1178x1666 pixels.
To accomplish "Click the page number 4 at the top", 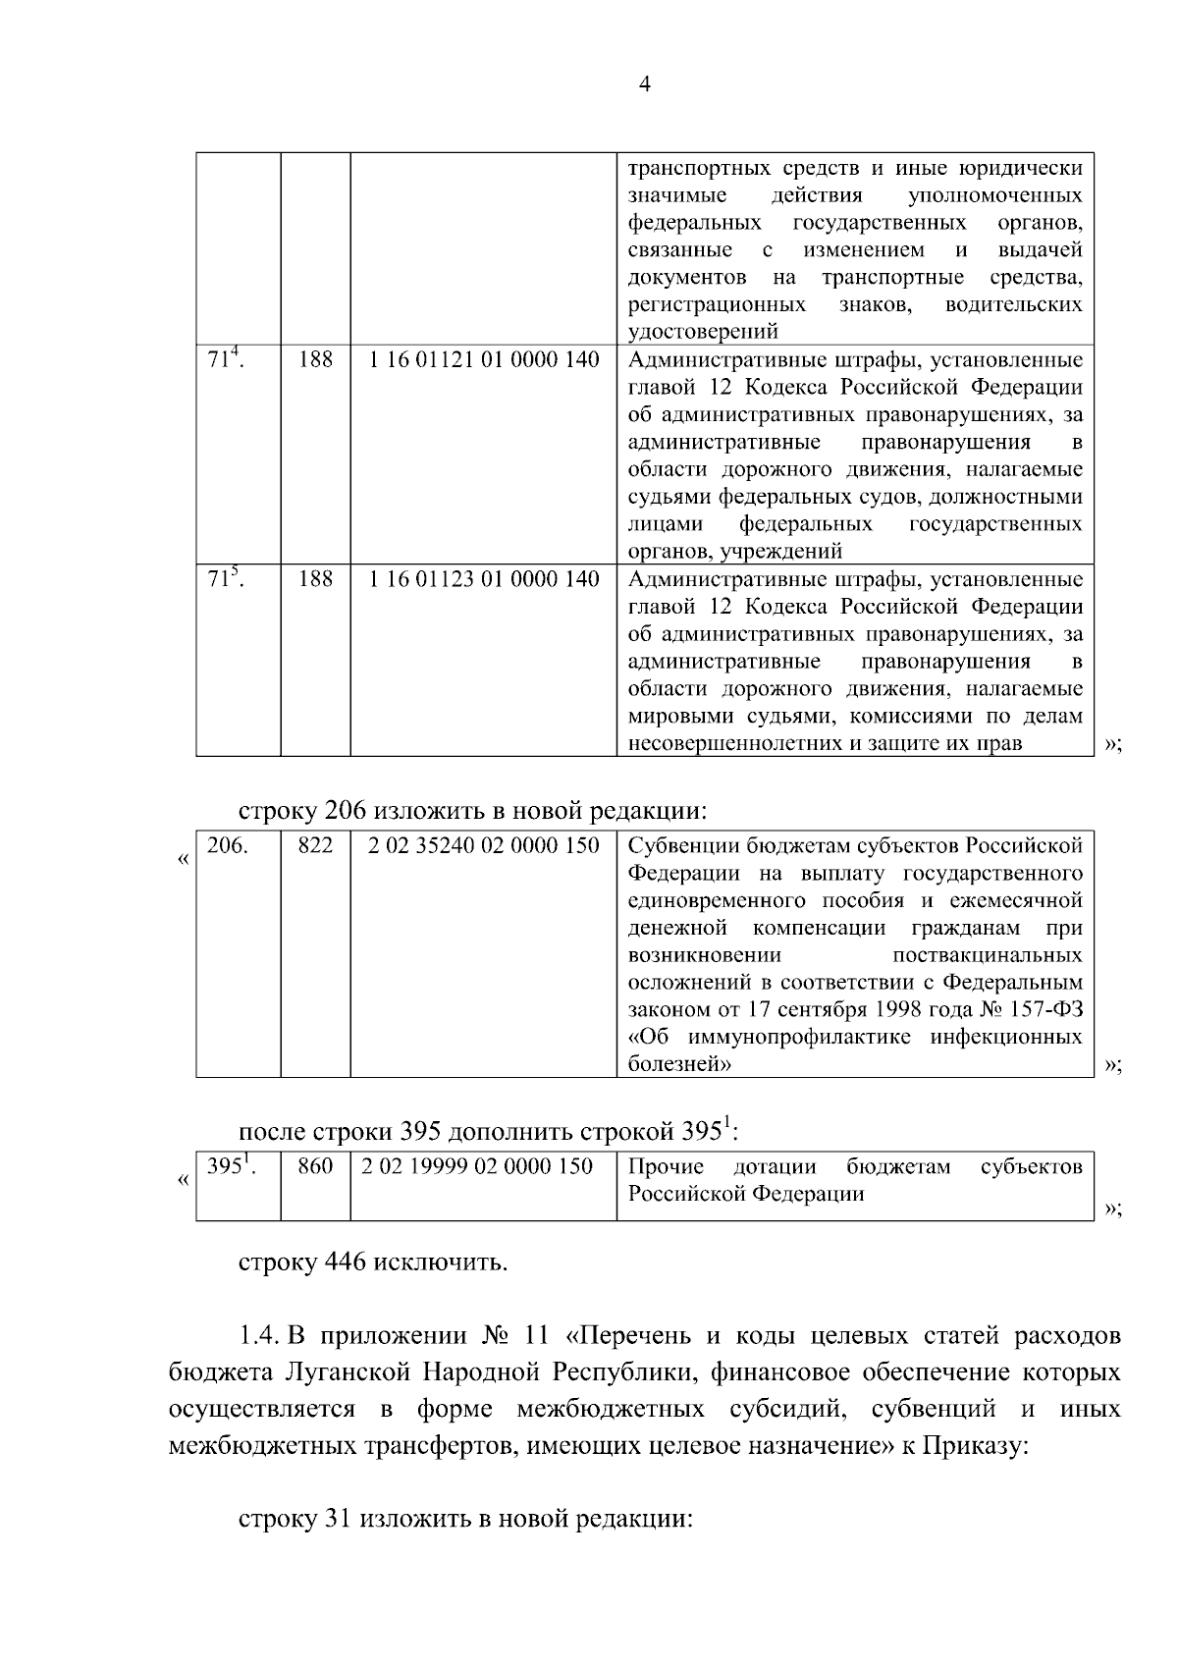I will pos(645,84).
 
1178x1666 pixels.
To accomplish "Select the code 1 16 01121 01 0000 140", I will pos(484,360).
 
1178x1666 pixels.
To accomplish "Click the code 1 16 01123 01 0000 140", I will pos(484,579).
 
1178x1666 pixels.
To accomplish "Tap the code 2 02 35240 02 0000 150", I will pos(484,845).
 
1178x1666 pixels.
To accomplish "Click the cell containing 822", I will pos(315,845).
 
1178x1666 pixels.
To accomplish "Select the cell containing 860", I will pos(315,1166).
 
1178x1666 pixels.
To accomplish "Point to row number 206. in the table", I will pos(228,845).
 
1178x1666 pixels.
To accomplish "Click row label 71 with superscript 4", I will pos(226,359).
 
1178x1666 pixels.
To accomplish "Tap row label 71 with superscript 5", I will pos(226,578).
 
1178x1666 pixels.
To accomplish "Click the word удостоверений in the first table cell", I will pos(703,331).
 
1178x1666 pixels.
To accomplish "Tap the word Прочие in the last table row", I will pos(666,1166).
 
